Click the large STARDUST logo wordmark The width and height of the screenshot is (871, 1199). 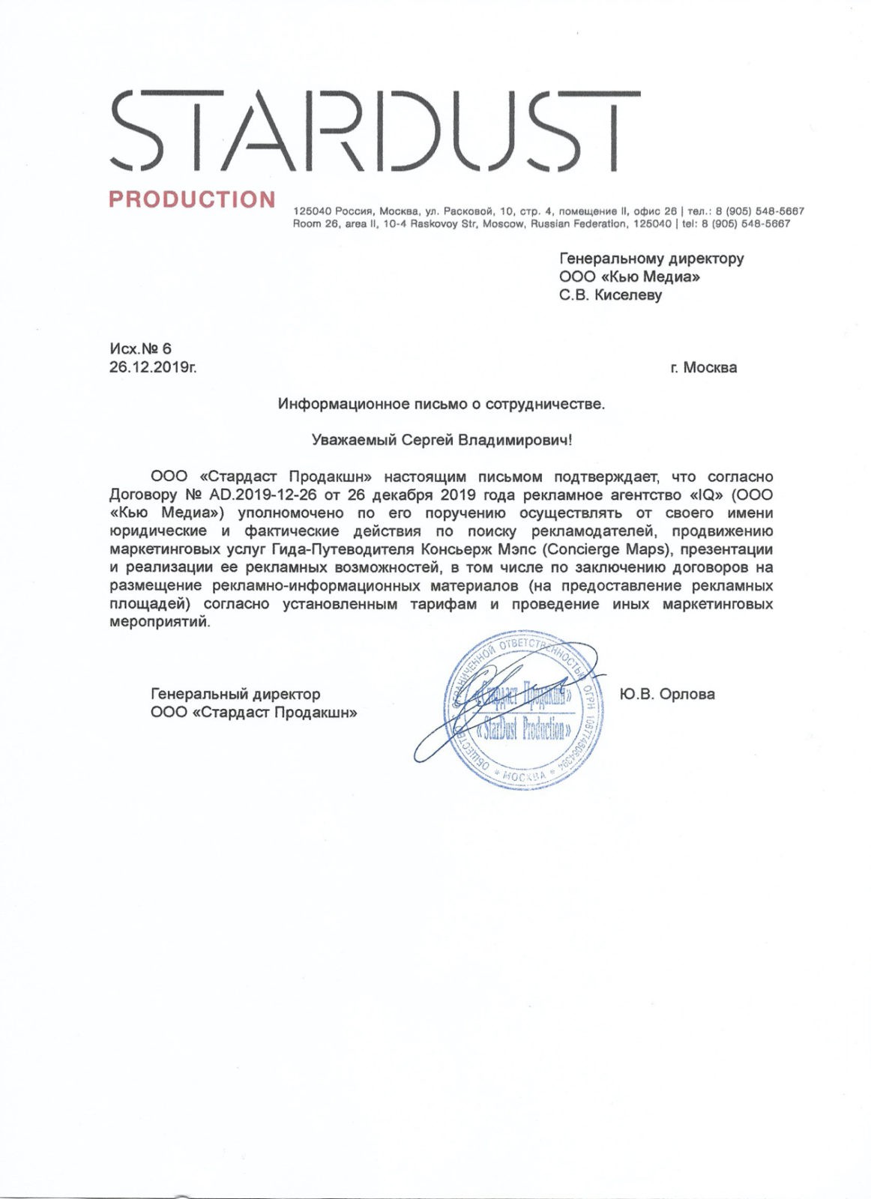pos(375,132)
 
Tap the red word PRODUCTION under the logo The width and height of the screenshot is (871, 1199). pos(193,200)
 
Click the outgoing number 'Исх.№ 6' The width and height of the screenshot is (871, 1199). pos(140,348)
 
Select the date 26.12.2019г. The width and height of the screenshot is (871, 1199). pos(152,367)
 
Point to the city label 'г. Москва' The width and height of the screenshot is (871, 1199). pos(703,367)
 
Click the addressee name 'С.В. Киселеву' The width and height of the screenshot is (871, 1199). pos(611,295)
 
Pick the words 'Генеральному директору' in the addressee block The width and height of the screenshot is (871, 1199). pos(651,259)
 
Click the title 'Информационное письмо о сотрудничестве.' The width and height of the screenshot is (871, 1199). pos(441,404)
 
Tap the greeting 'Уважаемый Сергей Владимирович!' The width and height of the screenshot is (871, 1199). pos(441,440)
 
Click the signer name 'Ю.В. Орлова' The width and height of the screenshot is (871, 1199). pos(667,694)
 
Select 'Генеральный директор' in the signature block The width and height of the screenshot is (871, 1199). pos(235,694)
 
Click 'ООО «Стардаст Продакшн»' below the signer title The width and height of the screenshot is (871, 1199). pos(253,712)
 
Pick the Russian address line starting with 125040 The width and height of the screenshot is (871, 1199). pos(548,211)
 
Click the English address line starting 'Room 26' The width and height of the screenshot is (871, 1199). pos(541,223)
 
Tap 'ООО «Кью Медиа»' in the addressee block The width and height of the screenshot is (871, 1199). pos(630,277)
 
